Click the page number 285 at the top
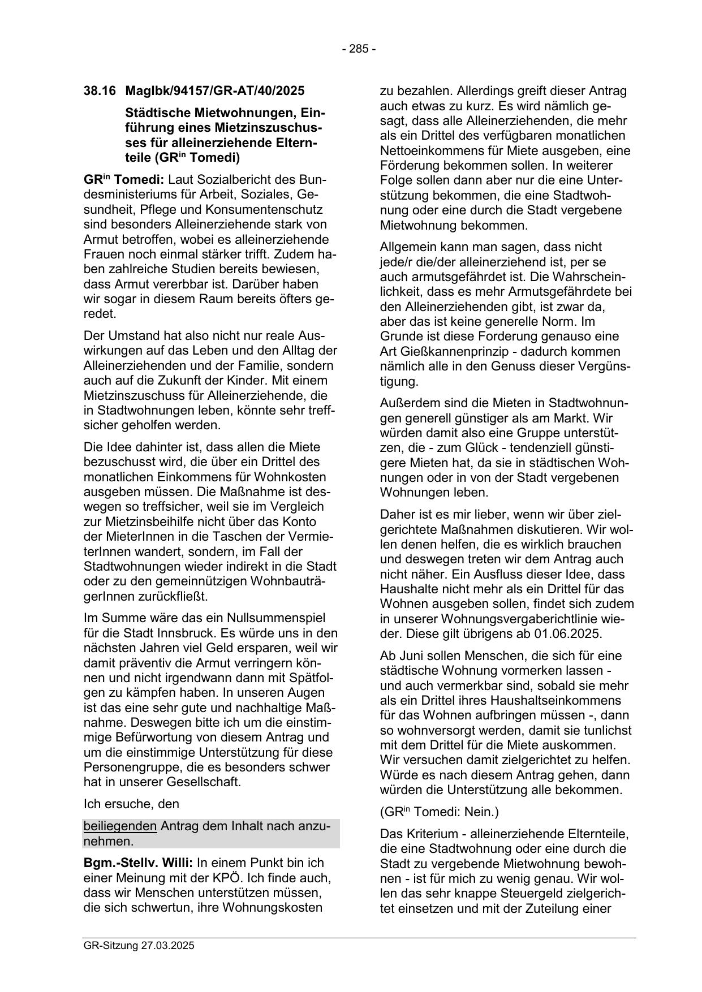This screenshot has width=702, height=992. click(x=358, y=49)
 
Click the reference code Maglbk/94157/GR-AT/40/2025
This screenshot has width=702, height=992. click(x=215, y=90)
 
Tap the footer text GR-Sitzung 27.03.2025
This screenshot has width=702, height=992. click(x=139, y=945)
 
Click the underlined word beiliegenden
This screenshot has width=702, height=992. click(x=120, y=826)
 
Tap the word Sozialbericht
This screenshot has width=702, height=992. click(x=221, y=180)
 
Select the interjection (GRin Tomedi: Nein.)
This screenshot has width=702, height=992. click(x=439, y=812)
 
